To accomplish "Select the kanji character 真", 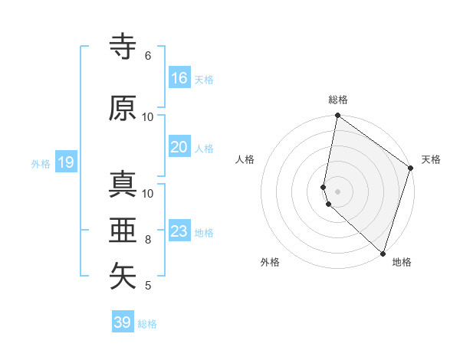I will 123,184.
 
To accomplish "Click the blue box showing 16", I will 179,78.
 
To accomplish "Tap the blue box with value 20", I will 179,147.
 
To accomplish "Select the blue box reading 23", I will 179,231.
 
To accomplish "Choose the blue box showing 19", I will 66,162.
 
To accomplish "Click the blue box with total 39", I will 123,322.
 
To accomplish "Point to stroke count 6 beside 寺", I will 147,56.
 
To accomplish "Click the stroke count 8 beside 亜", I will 147,240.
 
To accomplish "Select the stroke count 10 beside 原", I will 147,117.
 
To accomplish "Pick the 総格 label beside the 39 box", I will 147,324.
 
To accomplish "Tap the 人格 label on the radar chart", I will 245,159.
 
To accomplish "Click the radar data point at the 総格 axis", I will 337,116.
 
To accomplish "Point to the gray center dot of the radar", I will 337,191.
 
